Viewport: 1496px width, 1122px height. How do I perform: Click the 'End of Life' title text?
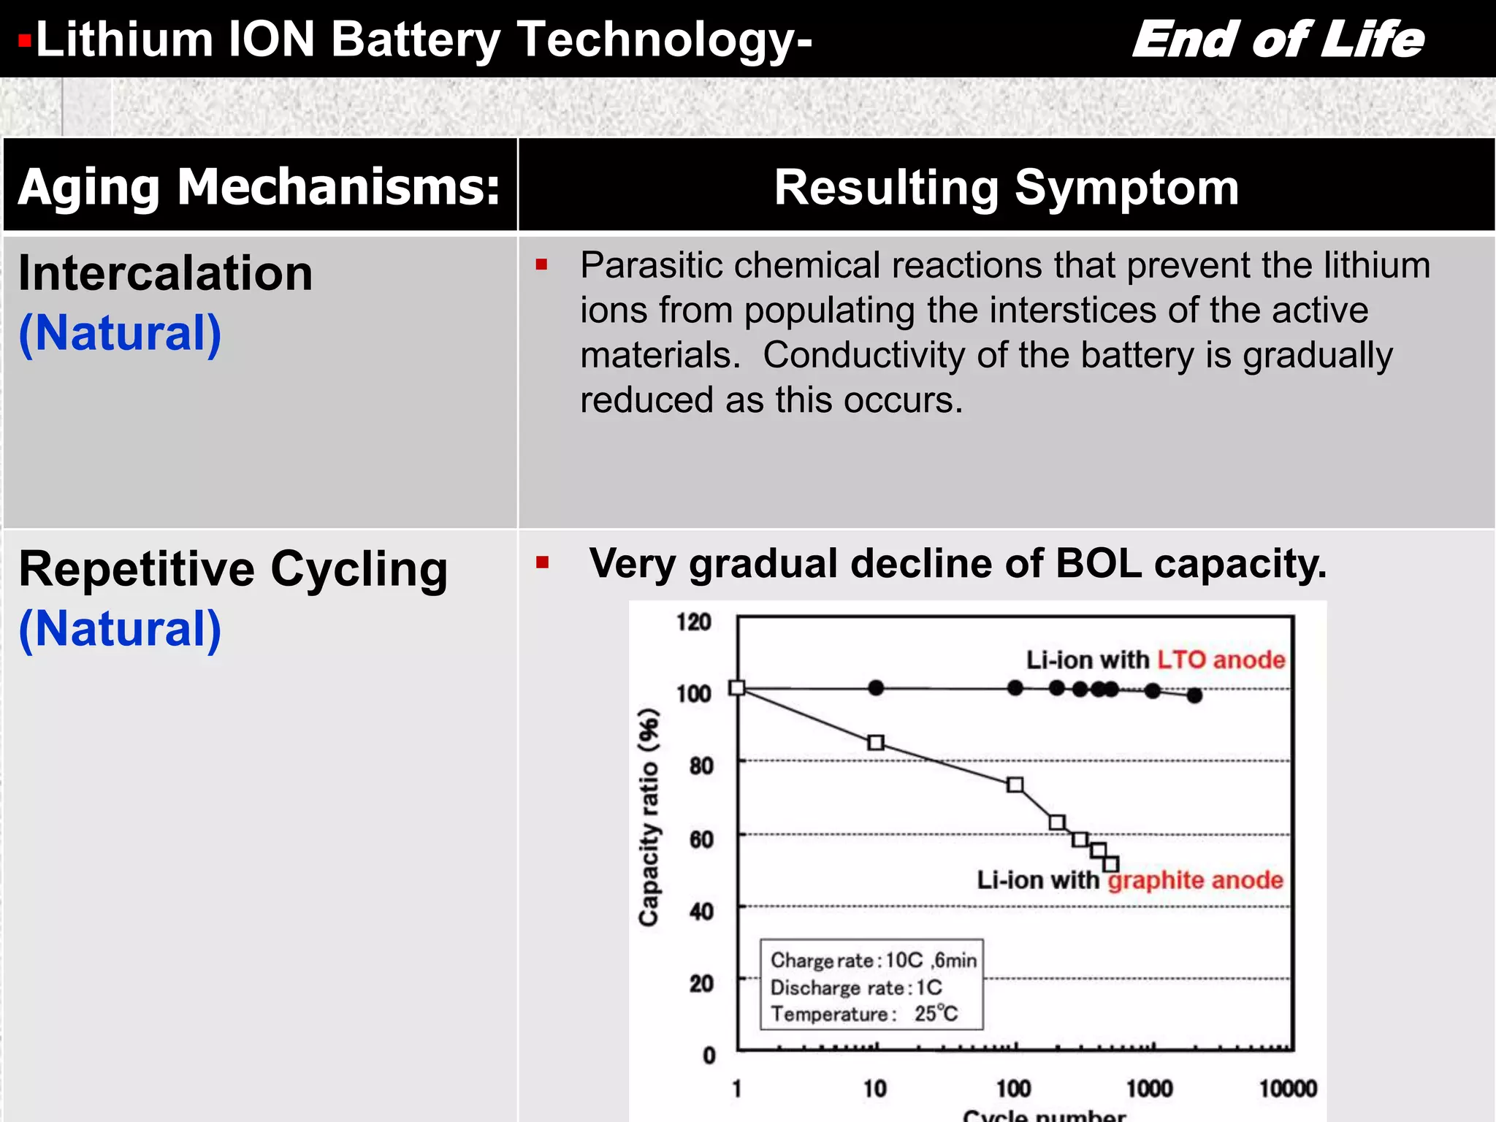point(1278,39)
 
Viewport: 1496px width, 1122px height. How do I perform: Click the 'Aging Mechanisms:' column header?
point(259,187)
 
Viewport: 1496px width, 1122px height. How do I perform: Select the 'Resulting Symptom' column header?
point(1006,187)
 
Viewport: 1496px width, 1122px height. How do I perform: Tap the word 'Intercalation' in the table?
point(166,273)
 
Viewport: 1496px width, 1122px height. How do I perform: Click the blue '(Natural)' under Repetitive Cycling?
point(120,629)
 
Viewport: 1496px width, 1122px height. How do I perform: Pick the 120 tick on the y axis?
point(693,622)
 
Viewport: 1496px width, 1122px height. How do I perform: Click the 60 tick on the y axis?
point(701,839)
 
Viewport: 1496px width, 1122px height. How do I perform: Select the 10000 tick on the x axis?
point(1287,1088)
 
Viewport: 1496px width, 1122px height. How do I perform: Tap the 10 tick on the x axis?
point(874,1088)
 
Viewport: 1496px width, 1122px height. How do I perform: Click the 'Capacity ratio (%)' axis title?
point(649,817)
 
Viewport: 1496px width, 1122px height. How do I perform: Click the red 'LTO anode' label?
point(1221,660)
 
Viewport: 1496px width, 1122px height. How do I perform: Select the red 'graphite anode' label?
point(1195,880)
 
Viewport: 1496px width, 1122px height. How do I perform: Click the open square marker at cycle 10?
point(876,743)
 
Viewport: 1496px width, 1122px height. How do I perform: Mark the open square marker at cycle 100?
point(1015,785)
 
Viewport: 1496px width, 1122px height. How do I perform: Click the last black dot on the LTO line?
point(1194,695)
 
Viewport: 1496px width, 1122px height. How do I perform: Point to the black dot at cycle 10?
point(876,687)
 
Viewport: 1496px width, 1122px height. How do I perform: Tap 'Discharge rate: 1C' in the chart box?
point(856,988)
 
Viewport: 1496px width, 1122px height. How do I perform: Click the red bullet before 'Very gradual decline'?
point(542,562)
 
